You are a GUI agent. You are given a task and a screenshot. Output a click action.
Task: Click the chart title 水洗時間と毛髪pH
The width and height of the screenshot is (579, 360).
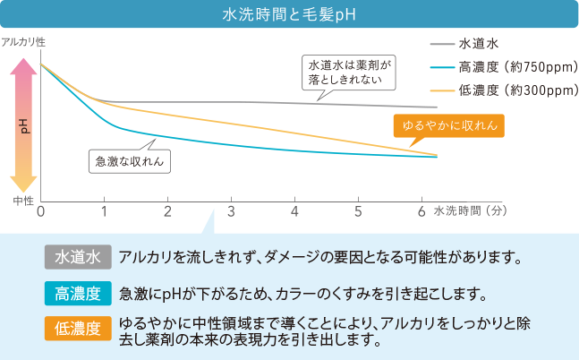(x=289, y=15)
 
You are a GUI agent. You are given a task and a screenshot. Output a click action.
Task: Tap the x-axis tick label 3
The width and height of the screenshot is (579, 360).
(x=231, y=211)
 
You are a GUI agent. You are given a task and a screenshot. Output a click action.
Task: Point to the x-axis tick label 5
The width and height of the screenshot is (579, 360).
(x=358, y=211)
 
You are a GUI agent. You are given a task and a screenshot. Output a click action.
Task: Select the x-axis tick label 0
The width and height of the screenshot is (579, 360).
(x=41, y=211)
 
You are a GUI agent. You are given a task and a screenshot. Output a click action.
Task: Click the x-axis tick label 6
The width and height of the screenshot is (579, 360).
(x=421, y=211)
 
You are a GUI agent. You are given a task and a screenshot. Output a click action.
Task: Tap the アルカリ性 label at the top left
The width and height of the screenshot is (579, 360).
(x=23, y=42)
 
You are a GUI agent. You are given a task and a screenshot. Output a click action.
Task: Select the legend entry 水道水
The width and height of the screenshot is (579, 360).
(x=471, y=43)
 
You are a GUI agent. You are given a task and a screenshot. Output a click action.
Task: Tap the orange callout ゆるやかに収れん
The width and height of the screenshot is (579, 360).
(x=449, y=124)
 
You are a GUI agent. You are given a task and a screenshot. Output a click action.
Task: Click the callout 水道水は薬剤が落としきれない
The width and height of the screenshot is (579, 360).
(x=351, y=73)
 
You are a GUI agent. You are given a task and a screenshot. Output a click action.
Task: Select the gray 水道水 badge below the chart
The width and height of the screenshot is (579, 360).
(x=78, y=257)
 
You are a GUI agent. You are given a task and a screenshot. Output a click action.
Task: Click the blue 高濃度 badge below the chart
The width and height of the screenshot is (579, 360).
(x=78, y=293)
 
